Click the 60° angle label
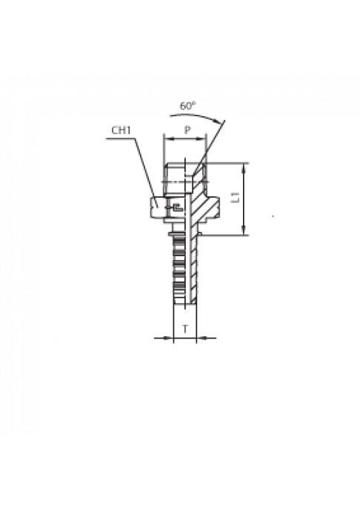(187, 106)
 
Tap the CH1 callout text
(121, 130)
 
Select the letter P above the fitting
(187, 130)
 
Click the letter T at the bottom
(185, 329)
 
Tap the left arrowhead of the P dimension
(167, 139)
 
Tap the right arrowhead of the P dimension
(201, 139)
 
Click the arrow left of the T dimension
(164, 338)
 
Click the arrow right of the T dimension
(206, 338)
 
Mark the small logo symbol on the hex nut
(178, 207)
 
